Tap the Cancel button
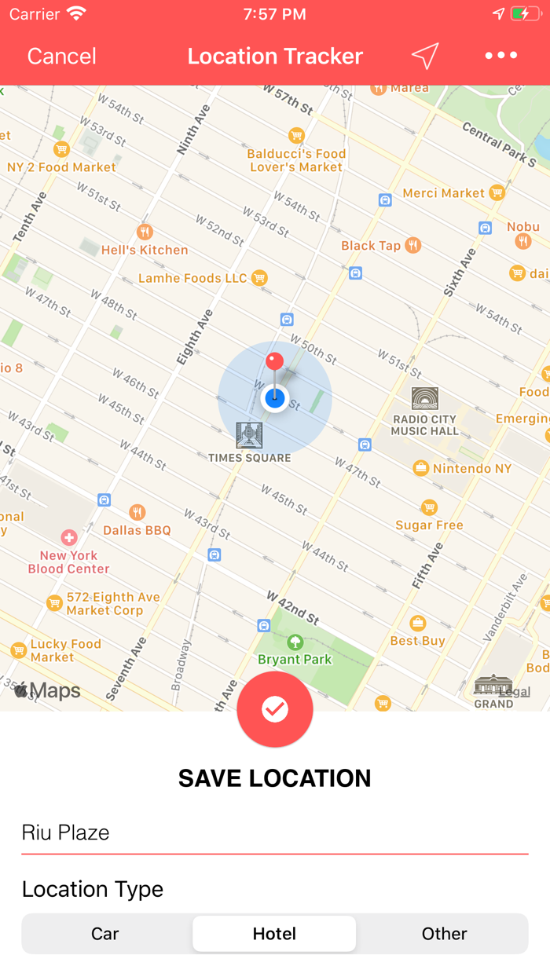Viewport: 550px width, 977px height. pos(61,56)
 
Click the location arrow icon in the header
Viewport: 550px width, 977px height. pos(424,56)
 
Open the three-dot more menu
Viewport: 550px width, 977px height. pos(500,56)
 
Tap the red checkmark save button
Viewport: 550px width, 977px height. pos(275,709)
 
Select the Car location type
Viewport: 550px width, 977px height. pos(105,934)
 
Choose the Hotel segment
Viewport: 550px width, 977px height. pos(274,934)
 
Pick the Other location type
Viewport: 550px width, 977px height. pos(444,934)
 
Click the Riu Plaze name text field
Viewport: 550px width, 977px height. pos(274,832)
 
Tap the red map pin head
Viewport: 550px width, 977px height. pos(274,361)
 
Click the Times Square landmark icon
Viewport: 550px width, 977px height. pos(249,435)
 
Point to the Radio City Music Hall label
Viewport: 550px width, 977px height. pos(424,425)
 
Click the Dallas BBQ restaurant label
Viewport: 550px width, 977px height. pos(137,530)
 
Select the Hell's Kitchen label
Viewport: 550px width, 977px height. pos(145,250)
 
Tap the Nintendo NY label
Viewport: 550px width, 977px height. pos(472,468)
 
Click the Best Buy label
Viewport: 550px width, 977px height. pos(418,641)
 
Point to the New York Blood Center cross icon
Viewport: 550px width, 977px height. pos(69,537)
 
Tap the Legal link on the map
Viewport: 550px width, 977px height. pos(515,692)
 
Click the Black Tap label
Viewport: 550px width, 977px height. pos(371,246)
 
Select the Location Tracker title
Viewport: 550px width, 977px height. pos(275,56)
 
